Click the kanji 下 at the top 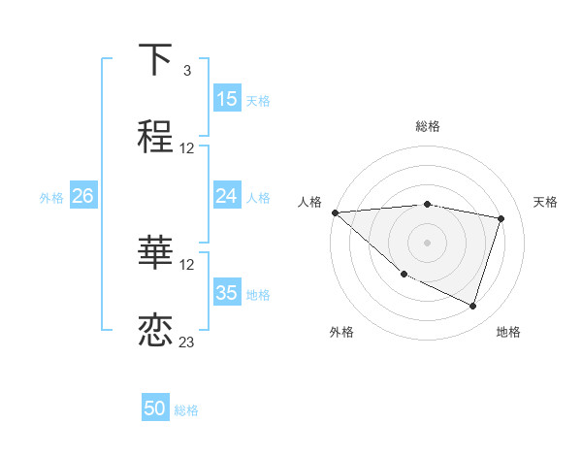[x=155, y=60]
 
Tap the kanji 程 [x=155, y=136]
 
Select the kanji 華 [x=155, y=253]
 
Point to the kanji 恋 [x=155, y=329]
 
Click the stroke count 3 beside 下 [x=186, y=71]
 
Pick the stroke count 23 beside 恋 [x=187, y=342]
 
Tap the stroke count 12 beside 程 [x=187, y=148]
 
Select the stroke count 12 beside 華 [x=187, y=265]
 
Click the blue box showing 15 [x=227, y=99]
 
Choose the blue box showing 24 [x=227, y=196]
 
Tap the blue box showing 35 [x=227, y=293]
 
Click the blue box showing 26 [x=82, y=196]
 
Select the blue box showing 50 [x=155, y=408]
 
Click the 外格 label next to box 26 [x=51, y=197]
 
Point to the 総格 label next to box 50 [x=186, y=410]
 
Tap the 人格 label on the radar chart [x=309, y=202]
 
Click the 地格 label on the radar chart [x=508, y=333]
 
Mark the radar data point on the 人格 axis [x=335, y=212]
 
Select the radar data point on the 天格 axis [x=501, y=218]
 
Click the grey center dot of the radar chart [x=427, y=242]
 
